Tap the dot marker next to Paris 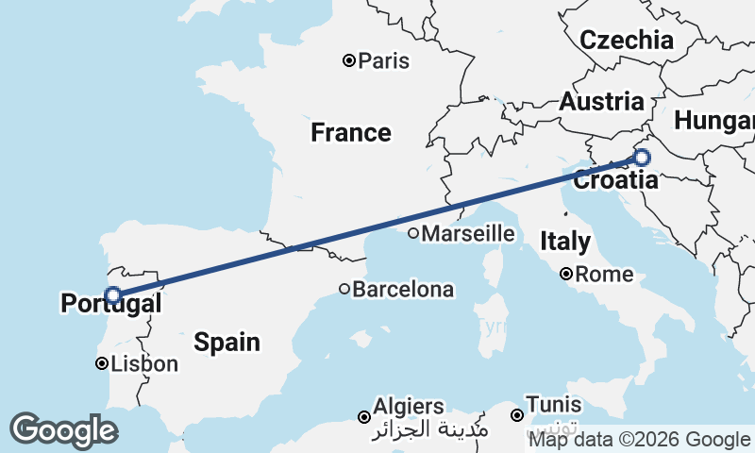[349, 61]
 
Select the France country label [351, 133]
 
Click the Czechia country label [627, 41]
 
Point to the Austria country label [602, 102]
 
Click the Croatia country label [616, 180]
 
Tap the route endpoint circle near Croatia [642, 158]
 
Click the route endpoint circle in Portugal [112, 295]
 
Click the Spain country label [226, 342]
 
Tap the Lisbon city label [144, 364]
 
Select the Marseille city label [468, 234]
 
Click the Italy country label [566, 242]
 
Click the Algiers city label [409, 406]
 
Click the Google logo [63, 430]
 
